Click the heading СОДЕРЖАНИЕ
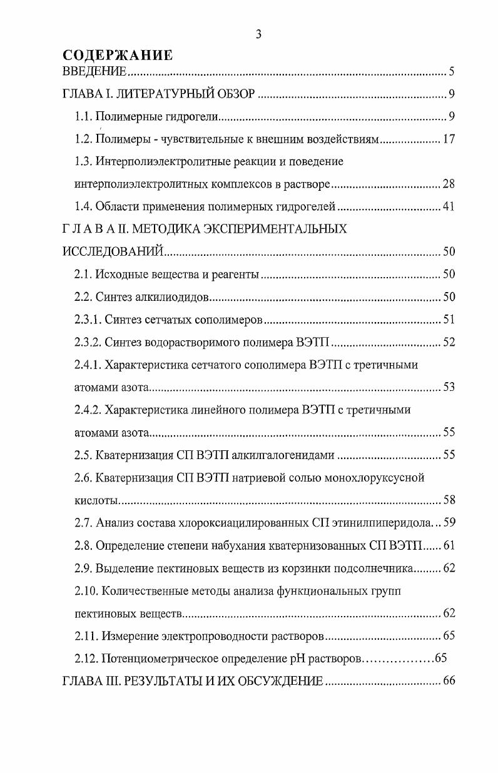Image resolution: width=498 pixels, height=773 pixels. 118,55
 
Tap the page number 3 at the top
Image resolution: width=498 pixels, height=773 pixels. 258,35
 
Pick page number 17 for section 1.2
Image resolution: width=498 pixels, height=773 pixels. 448,139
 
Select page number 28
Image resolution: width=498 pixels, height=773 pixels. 448,184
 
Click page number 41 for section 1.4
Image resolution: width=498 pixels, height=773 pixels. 448,206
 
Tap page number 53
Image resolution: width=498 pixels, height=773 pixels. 448,387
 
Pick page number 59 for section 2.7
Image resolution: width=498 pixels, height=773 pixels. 448,523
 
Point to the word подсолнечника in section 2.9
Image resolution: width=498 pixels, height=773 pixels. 374,568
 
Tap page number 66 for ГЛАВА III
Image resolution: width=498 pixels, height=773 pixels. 448,681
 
